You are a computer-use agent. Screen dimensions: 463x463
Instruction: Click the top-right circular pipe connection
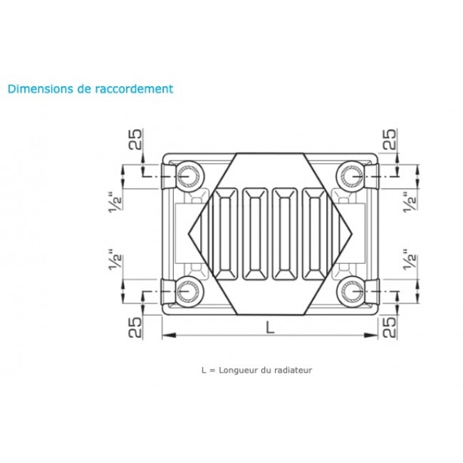[352, 173]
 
